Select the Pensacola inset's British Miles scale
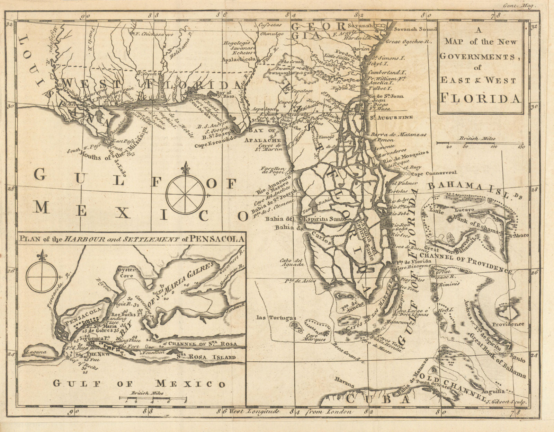(152, 398)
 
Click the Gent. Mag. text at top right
(525, 6)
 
